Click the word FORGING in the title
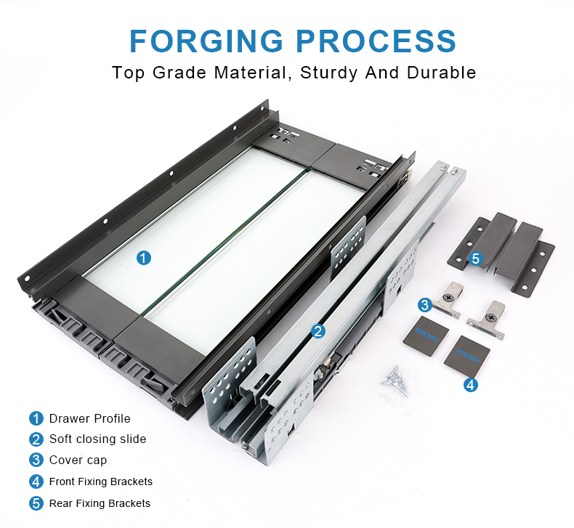(x=206, y=41)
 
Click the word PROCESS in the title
(x=376, y=41)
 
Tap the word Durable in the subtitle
(x=441, y=73)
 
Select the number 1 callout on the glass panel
(x=144, y=258)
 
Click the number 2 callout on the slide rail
(x=318, y=331)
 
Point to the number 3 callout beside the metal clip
(x=424, y=305)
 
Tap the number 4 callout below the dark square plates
(x=470, y=385)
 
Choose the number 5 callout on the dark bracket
(x=475, y=259)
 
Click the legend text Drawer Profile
(x=89, y=418)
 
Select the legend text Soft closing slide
(x=98, y=439)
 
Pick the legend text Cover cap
(x=78, y=460)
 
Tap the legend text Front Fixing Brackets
(x=101, y=482)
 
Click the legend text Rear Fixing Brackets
(x=100, y=503)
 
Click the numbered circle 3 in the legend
(x=36, y=460)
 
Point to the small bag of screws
(x=395, y=381)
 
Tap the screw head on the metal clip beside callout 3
(x=450, y=298)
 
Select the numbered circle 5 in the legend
(x=36, y=503)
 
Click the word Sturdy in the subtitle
(x=328, y=73)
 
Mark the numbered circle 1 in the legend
(x=36, y=418)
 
